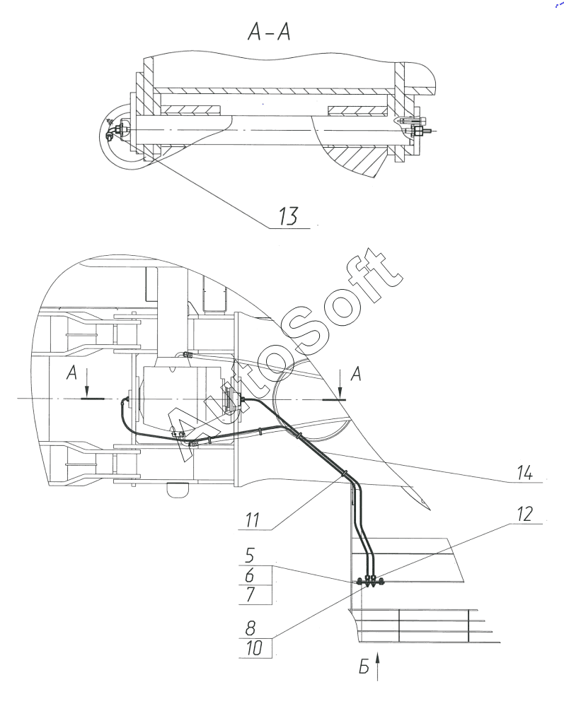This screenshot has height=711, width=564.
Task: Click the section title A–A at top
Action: pyautogui.click(x=269, y=32)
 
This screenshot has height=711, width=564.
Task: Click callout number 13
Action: pyautogui.click(x=288, y=216)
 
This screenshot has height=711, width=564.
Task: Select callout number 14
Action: pyautogui.click(x=525, y=473)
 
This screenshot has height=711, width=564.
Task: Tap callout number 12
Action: pyautogui.click(x=524, y=515)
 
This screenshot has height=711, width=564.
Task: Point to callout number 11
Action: pyautogui.click(x=253, y=519)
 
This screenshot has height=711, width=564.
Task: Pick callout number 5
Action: pyautogui.click(x=250, y=556)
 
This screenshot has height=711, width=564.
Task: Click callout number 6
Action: pyautogui.click(x=250, y=575)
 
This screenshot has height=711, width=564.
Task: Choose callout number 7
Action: pyautogui.click(x=251, y=594)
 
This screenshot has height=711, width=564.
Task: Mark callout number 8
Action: pyautogui.click(x=251, y=628)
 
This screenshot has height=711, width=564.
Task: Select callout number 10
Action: pyautogui.click(x=254, y=648)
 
